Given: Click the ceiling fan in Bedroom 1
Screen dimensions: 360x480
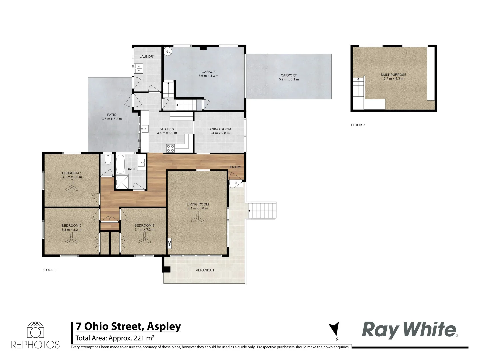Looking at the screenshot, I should pyautogui.click(x=72, y=188).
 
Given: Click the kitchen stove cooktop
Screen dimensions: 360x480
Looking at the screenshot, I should pyautogui.click(x=170, y=148).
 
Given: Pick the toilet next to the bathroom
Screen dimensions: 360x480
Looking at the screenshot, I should pyautogui.click(x=108, y=160).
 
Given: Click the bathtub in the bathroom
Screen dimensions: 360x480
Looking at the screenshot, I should pyautogui.click(x=120, y=164).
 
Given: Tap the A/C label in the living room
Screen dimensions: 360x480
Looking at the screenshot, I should pyautogui.click(x=169, y=243).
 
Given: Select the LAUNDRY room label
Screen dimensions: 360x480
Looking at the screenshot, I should pyautogui.click(x=147, y=57).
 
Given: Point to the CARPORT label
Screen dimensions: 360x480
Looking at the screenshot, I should pyautogui.click(x=289, y=75).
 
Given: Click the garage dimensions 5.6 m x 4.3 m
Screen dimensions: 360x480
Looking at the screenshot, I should pyautogui.click(x=209, y=76).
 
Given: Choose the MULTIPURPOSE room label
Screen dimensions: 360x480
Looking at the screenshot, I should pyautogui.click(x=394, y=75).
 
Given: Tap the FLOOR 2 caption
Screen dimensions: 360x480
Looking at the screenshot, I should pyautogui.click(x=358, y=125).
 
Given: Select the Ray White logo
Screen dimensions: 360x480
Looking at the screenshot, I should pyautogui.click(x=409, y=330).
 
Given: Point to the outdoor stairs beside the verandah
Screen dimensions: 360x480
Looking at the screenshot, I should pyautogui.click(x=263, y=211).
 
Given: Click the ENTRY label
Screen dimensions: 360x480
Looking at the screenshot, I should pyautogui.click(x=235, y=167).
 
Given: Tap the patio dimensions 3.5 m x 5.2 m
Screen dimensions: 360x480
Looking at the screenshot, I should pyautogui.click(x=112, y=119).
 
